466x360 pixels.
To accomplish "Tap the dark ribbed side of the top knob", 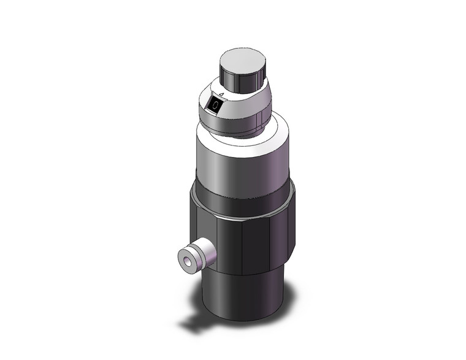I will click(x=236, y=79).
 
